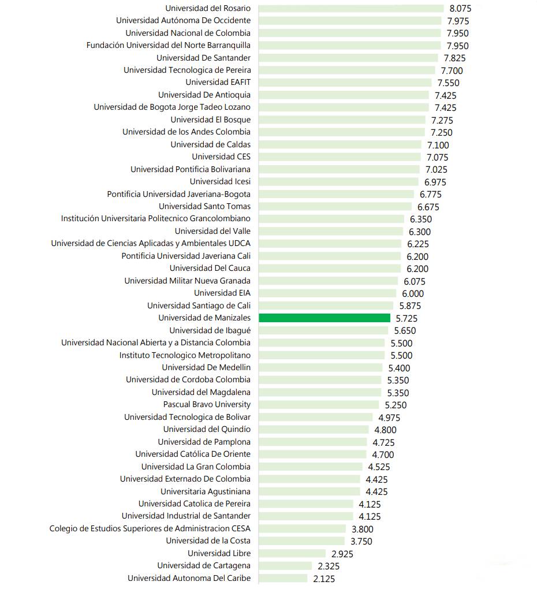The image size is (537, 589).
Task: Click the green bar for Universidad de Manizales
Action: tap(325, 318)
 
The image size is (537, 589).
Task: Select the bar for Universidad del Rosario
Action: tap(351, 8)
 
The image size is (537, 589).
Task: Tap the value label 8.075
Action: tap(461, 9)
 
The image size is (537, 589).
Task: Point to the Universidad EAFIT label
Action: tap(218, 82)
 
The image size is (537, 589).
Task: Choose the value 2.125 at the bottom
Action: tap(324, 579)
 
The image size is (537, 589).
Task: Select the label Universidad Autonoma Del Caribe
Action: tap(189, 578)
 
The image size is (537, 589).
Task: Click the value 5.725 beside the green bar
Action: tap(407, 318)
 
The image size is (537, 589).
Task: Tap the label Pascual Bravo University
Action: tap(207, 404)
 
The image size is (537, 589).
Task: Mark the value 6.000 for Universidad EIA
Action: tap(413, 293)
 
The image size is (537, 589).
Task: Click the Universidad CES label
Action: tap(221, 156)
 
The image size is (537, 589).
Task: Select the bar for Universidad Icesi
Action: tap(338, 181)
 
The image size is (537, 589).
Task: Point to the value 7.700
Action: tap(452, 70)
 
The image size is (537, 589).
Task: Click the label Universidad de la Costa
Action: tap(208, 540)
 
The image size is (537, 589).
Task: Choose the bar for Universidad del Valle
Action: tap(331, 231)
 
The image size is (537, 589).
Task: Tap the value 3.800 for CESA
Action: tap(362, 529)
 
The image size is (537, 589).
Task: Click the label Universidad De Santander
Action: tap(203, 58)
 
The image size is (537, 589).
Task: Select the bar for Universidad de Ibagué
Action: tap(323, 330)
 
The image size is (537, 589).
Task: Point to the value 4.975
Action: tap(389, 417)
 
